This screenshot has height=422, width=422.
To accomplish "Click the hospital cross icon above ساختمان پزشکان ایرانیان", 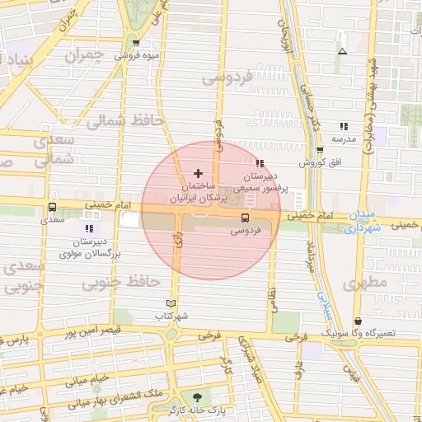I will point(197,173).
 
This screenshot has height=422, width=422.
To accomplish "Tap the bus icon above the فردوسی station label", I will point(245,218).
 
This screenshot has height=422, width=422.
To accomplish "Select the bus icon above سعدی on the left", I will point(53,207).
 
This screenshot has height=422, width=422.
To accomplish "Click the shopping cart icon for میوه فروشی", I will point(136,43).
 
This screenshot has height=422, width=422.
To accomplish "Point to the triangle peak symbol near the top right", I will point(342,52).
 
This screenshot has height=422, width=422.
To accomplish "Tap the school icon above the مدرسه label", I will point(343,126).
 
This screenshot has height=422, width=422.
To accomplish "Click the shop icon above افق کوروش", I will point(319,150).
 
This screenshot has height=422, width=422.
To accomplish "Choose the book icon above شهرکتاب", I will point(171,303).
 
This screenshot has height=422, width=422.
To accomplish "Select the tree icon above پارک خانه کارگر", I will point(196,397).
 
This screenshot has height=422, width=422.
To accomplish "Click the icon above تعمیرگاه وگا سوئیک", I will point(357,321).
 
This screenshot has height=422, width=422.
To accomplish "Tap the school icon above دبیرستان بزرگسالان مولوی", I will point(90,227).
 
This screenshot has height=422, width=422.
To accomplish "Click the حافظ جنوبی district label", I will point(120,283).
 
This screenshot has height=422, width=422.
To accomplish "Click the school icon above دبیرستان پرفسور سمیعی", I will point(260,162).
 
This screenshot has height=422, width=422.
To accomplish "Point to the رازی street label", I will point(178,241).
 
